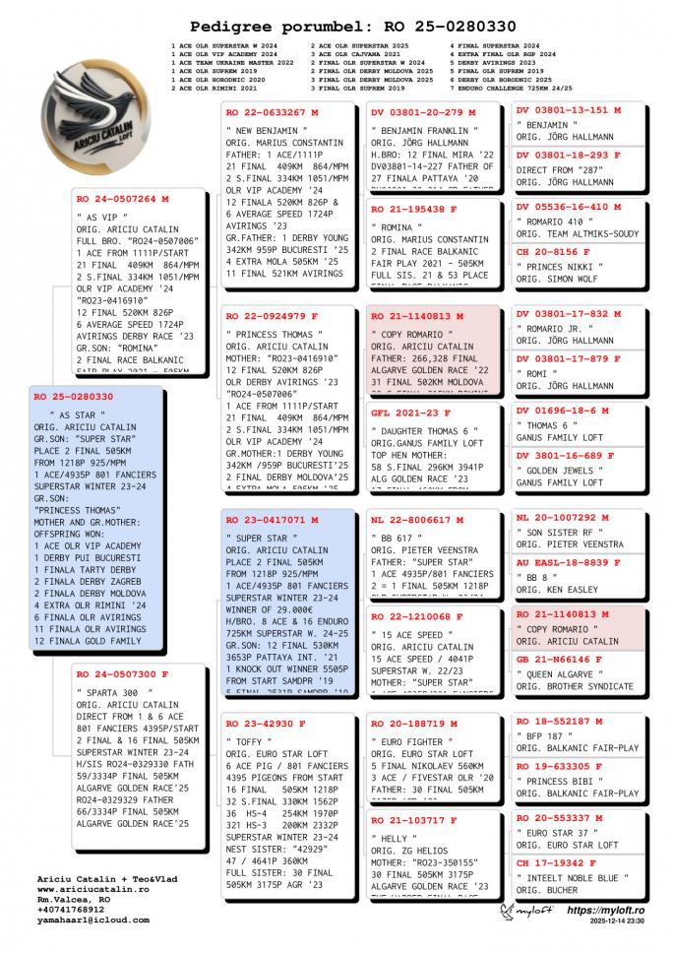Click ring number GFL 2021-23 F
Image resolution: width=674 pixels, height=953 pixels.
(x=410, y=413)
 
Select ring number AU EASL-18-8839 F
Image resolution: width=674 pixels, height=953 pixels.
(x=568, y=562)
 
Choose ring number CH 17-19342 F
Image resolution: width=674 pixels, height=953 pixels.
(x=553, y=863)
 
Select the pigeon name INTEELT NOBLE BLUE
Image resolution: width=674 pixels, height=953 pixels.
(x=573, y=878)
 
